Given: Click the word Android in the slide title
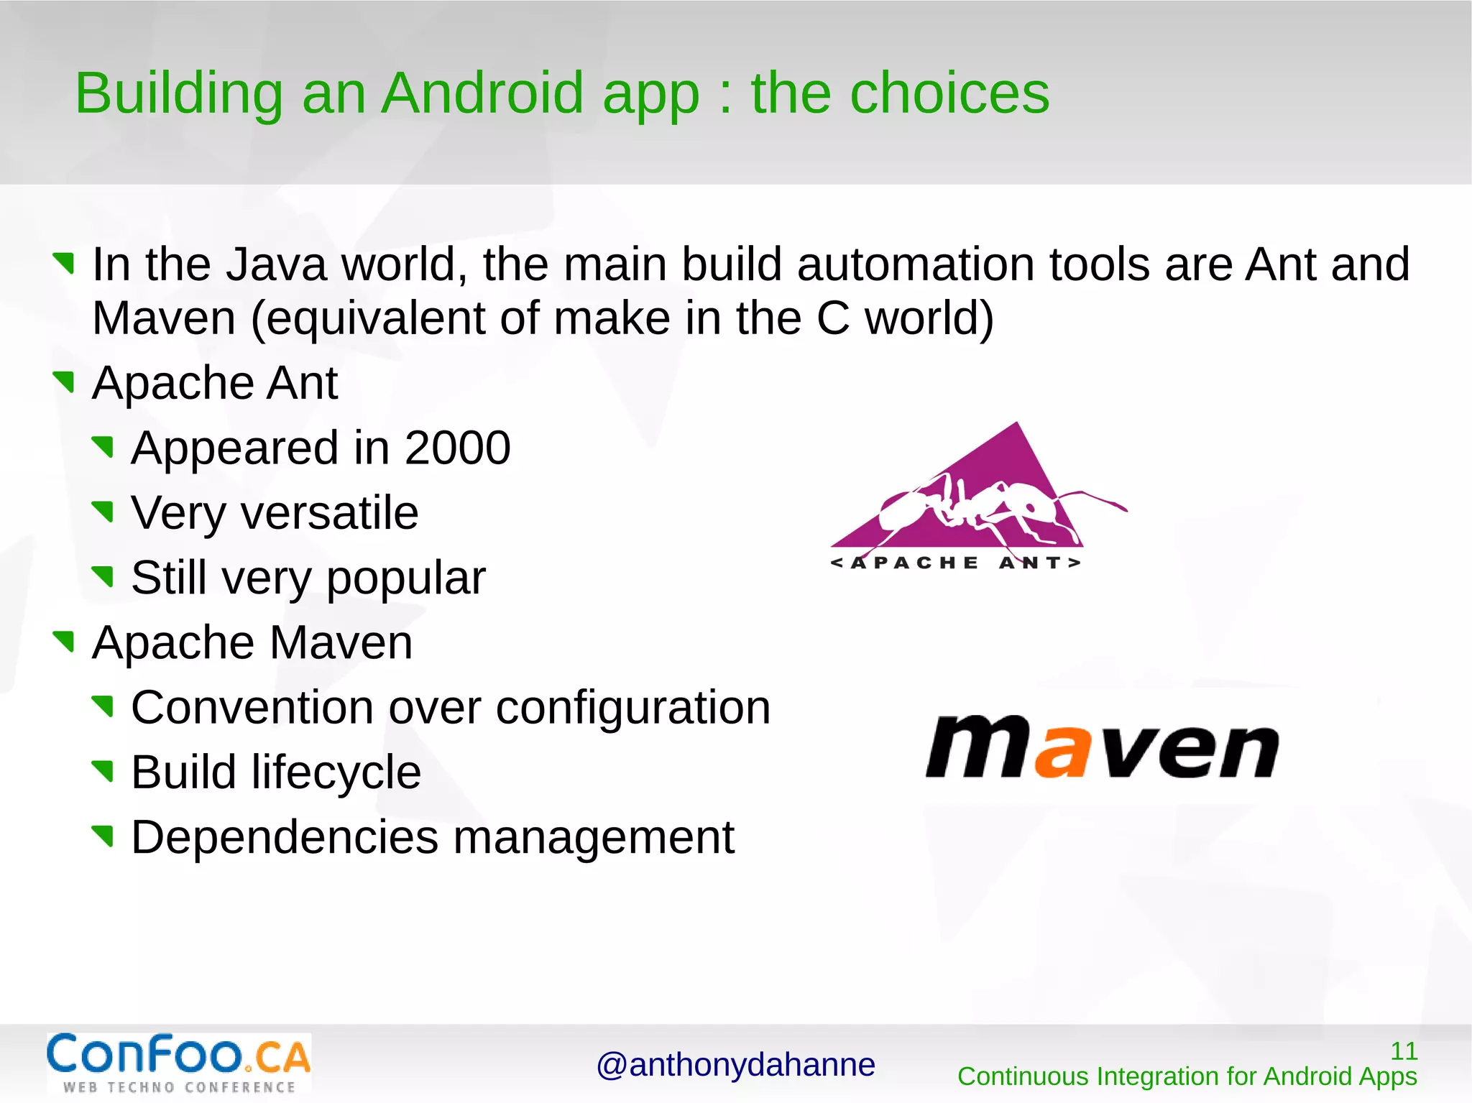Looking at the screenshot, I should (482, 93).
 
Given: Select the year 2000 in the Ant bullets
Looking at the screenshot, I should (457, 448).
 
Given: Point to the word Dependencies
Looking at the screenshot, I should (285, 838).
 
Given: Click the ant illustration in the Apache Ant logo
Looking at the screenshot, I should (985, 507).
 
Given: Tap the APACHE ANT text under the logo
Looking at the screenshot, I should (955, 563).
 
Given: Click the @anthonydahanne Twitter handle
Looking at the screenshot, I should (735, 1065).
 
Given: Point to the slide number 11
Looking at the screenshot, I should (1403, 1051).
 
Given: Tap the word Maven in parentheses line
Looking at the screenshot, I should (164, 318).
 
